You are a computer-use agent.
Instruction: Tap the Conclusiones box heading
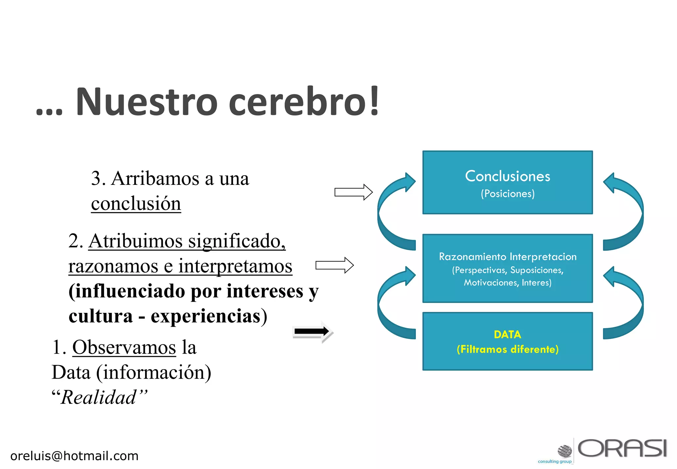[x=507, y=176]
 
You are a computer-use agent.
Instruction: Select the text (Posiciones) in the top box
[x=507, y=193]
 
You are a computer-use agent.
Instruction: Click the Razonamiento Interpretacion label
[x=507, y=257]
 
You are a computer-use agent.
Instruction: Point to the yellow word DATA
[x=507, y=334]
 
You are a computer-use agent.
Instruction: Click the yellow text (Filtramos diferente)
[x=507, y=349]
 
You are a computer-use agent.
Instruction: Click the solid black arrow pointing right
[x=312, y=331]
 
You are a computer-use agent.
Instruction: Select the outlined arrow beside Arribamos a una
[x=353, y=192]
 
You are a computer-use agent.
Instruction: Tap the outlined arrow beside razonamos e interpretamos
[x=334, y=265]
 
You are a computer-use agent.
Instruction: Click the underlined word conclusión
[x=136, y=203]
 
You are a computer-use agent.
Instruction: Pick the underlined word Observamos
[x=124, y=347]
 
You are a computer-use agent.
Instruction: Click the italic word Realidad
[x=99, y=397]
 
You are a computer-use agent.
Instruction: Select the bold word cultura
[x=100, y=316]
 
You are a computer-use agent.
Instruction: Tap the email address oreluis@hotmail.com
[x=74, y=456]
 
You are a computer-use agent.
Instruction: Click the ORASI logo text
[x=622, y=448]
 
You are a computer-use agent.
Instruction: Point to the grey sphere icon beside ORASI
[x=565, y=450]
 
